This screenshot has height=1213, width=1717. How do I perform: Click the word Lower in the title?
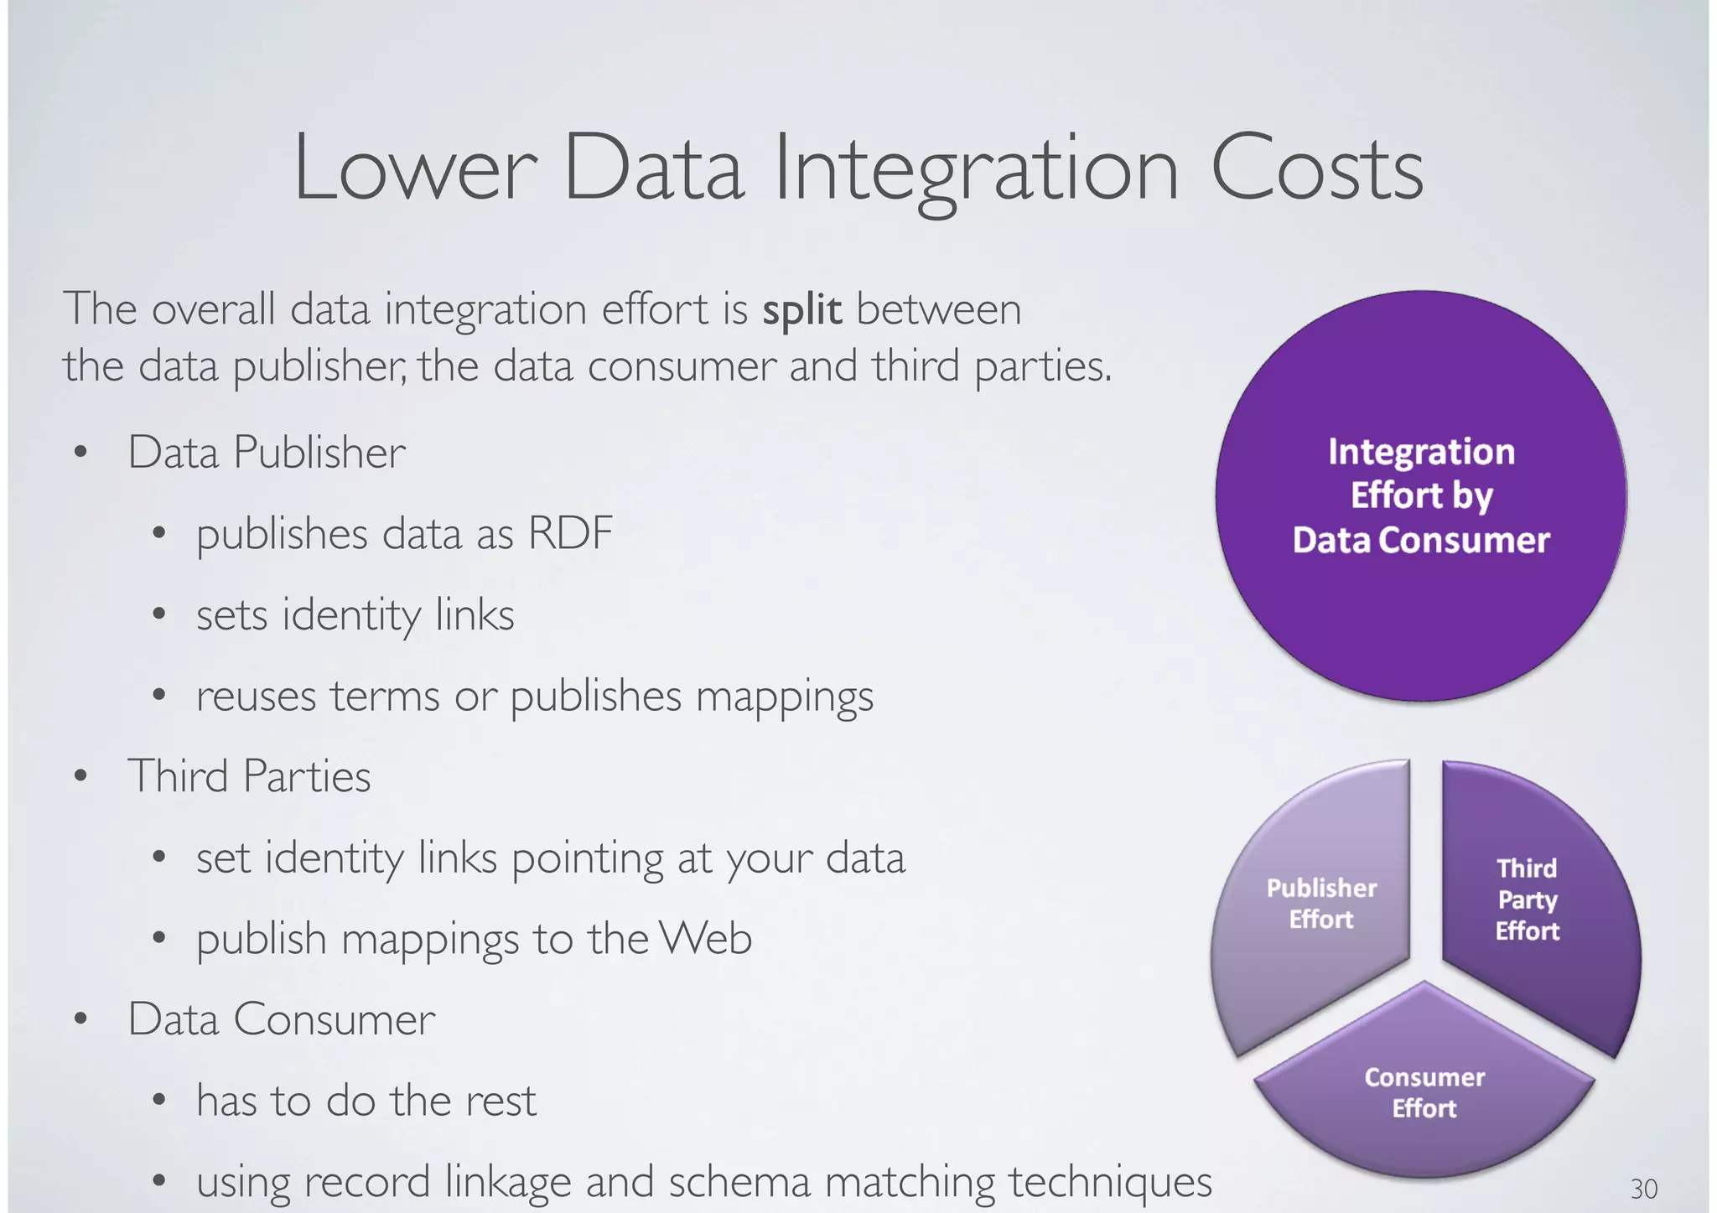(x=415, y=169)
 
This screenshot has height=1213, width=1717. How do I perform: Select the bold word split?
(x=801, y=310)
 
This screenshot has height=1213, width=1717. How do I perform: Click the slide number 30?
(x=1643, y=1189)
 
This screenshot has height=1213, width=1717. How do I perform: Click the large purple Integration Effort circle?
(x=1421, y=495)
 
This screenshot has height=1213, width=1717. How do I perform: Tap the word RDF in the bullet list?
(x=570, y=533)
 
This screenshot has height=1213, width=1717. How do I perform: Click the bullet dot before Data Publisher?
(x=80, y=453)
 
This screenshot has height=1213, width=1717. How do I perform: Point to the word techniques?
(x=1110, y=1182)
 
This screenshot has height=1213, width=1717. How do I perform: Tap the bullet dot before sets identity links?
(x=159, y=614)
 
